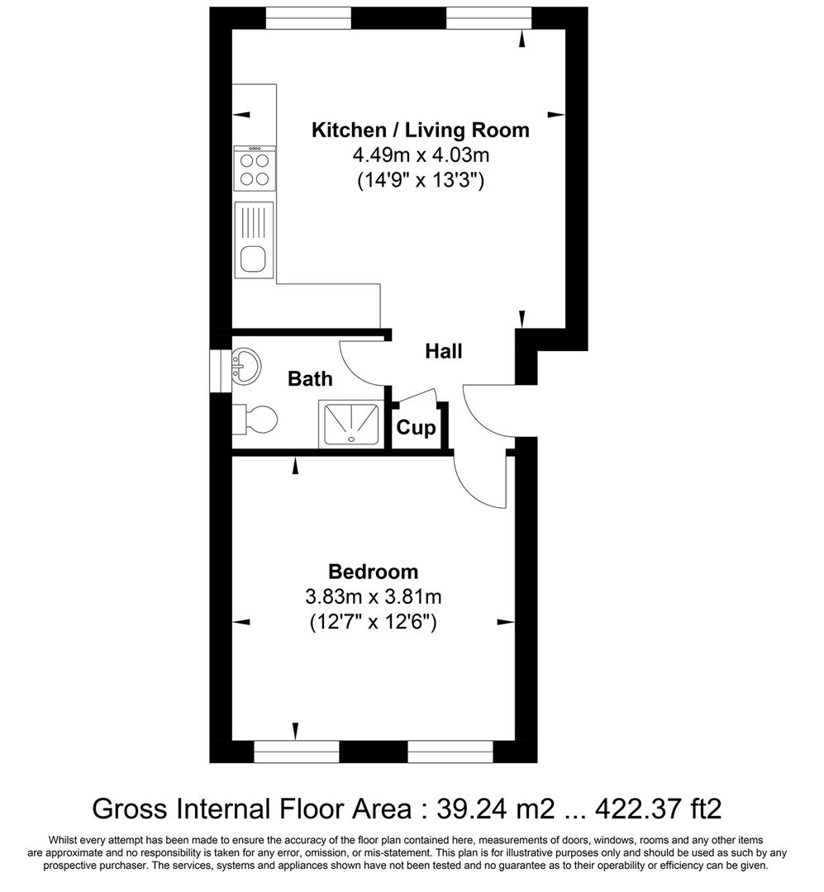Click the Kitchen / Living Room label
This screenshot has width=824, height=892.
coord(420,130)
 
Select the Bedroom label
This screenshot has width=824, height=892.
coord(373,572)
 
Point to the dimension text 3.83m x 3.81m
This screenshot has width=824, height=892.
coord(373,596)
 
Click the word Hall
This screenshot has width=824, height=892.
coord(443,351)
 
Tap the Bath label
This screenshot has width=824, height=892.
coord(310,379)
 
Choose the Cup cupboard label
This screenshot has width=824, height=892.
coord(417,428)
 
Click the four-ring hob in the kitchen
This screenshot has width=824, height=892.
coord(254,168)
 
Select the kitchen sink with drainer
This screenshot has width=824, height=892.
coord(254,239)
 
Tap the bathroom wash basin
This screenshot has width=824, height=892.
coord(246,364)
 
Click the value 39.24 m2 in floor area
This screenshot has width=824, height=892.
coord(492,807)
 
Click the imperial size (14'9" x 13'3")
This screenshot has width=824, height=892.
coord(420,179)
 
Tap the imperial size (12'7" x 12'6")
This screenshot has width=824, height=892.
coord(373,621)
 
